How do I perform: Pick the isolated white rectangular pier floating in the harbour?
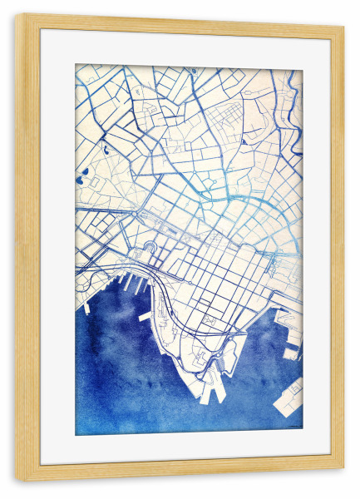point(145,316)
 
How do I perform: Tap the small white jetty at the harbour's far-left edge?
point(86,308)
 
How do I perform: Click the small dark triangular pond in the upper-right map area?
point(243,141)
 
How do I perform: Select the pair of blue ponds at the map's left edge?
point(83,177)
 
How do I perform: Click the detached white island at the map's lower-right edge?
point(289,394)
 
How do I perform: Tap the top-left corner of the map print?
point(76,65)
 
